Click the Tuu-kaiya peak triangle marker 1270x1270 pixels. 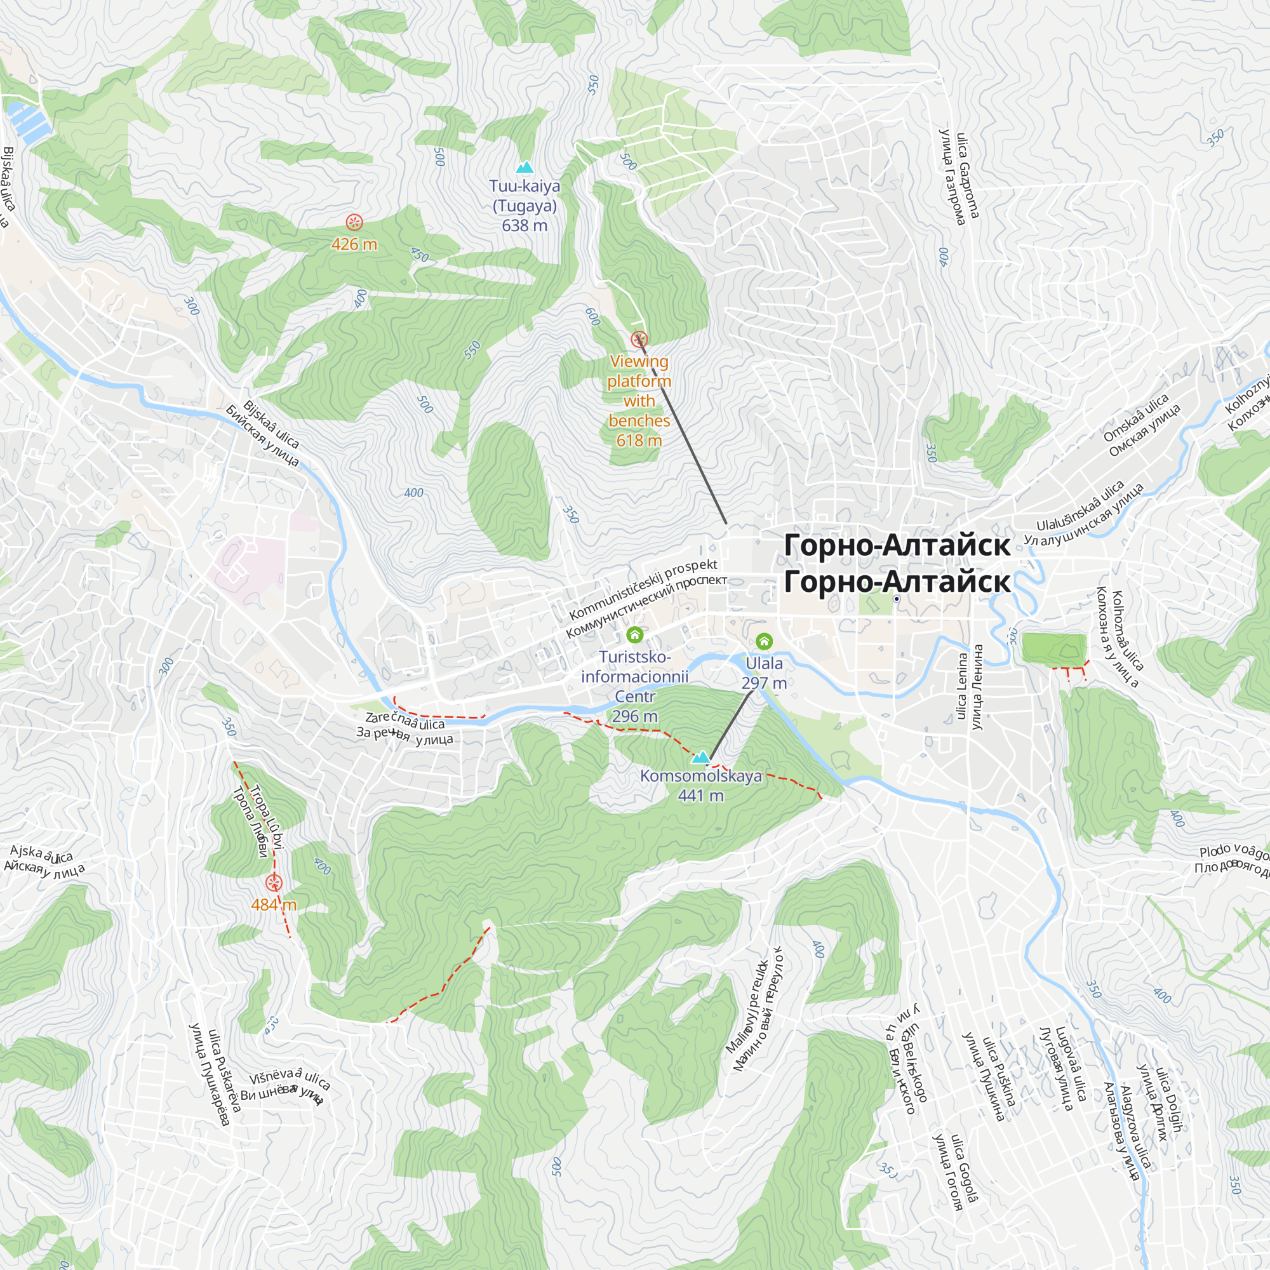coord(524,168)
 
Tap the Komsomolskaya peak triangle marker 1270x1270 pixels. coord(702,758)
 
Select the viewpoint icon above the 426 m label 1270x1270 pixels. coord(354,222)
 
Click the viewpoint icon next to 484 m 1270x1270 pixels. coord(274,883)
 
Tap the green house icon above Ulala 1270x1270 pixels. coord(764,640)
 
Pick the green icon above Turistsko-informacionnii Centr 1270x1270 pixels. coord(634,634)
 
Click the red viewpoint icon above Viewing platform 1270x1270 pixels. coord(639,340)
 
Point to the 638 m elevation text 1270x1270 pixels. coord(524,225)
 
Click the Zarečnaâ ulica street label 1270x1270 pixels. coord(405,722)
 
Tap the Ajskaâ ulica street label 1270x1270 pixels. coord(41,855)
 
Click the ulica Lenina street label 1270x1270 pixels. coord(963,686)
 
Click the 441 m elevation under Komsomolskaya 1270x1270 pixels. coord(701,796)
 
